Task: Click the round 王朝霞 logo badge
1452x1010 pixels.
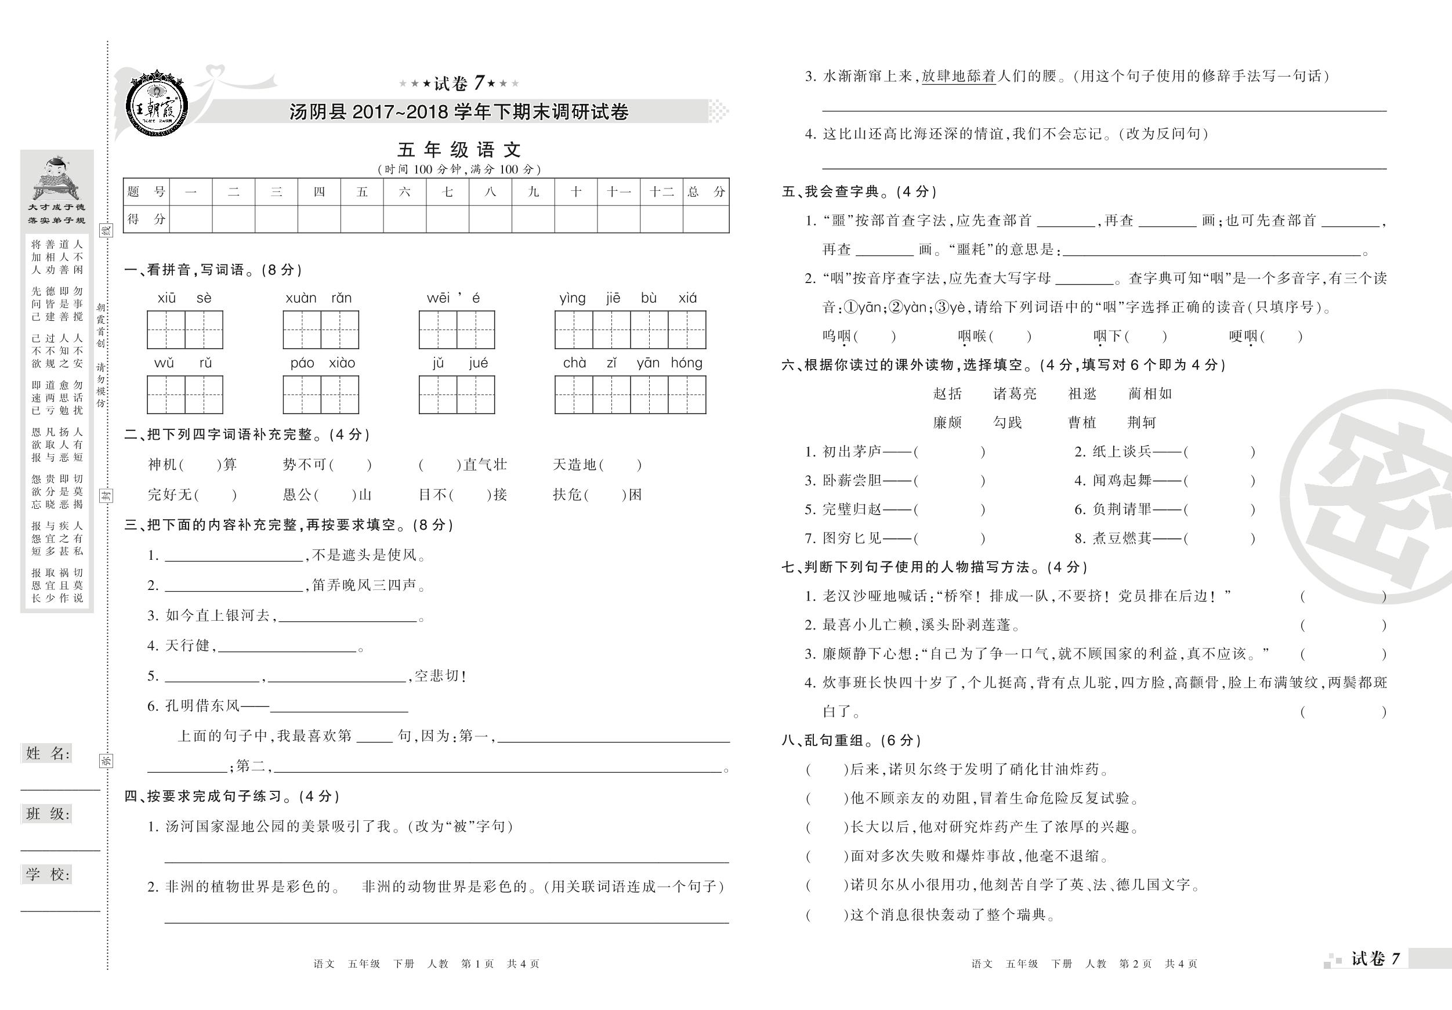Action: (155, 102)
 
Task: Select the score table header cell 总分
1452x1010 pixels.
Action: (706, 191)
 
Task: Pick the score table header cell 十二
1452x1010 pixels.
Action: (661, 191)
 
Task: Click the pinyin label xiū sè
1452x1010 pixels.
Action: (184, 298)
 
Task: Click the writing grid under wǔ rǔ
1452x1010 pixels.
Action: (184, 394)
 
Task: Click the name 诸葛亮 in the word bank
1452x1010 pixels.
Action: (1015, 394)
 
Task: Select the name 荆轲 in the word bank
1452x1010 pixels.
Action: (1141, 422)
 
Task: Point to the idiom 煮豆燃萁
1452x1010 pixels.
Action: (1121, 538)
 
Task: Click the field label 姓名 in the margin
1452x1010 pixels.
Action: (48, 753)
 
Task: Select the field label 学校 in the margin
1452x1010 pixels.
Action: (48, 875)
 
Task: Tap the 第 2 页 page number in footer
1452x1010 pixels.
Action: (1135, 964)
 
